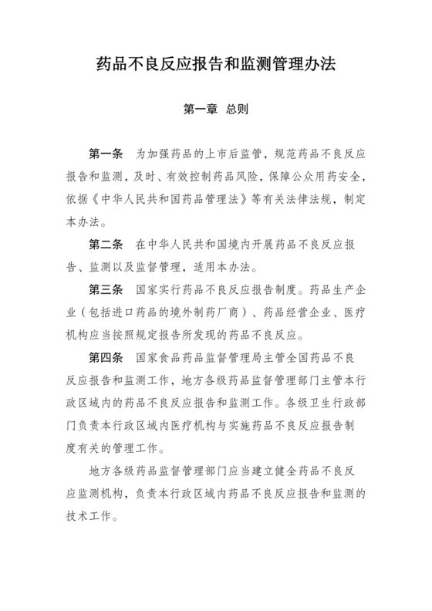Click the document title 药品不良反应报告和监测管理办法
216,62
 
